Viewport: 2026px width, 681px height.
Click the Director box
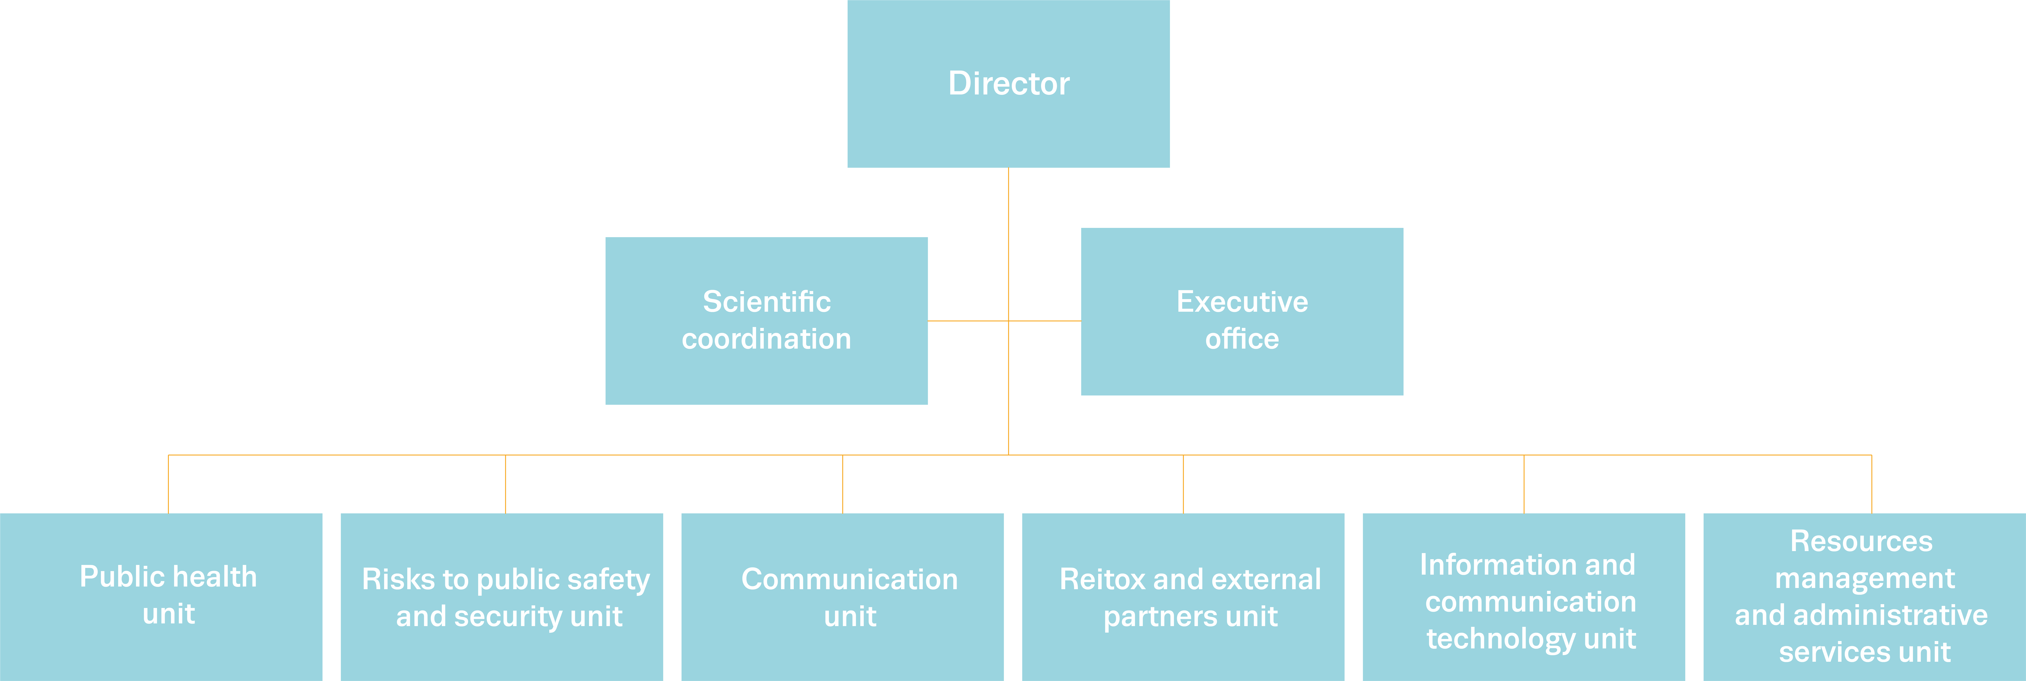[1008, 83]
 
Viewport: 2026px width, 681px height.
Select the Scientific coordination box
[766, 321]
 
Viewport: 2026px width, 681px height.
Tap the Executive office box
[1242, 312]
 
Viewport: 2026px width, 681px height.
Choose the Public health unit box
[161, 597]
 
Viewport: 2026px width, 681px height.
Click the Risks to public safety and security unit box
[502, 597]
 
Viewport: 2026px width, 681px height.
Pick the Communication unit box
[842, 597]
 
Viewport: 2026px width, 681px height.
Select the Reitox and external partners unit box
[1183, 597]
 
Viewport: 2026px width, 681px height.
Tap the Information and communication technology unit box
[1523, 597]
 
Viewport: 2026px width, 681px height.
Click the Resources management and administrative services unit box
[1864, 597]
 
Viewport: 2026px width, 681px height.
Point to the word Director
[1008, 83]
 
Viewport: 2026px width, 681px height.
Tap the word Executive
[1242, 301]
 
